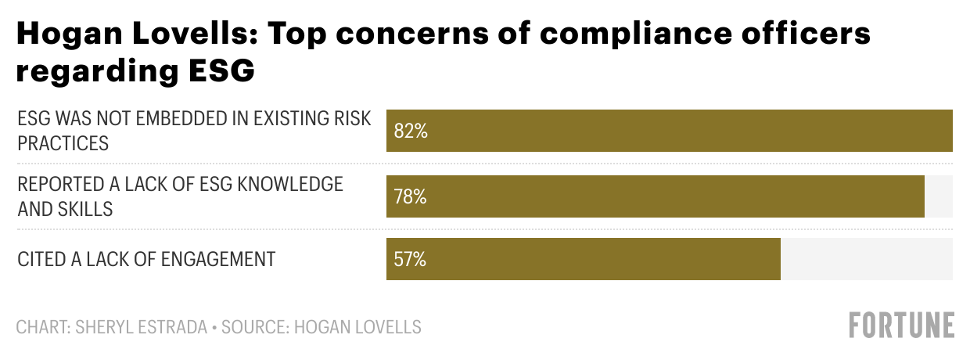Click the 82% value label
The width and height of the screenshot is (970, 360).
pyautogui.click(x=411, y=131)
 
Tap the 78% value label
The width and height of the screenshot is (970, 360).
pyautogui.click(x=411, y=196)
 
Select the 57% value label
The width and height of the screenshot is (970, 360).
pyautogui.click(x=411, y=259)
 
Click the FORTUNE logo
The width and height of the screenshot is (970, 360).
pyautogui.click(x=902, y=325)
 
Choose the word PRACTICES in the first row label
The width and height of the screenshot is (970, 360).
pyautogui.click(x=63, y=143)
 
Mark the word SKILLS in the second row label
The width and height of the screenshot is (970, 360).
pyautogui.click(x=85, y=208)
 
